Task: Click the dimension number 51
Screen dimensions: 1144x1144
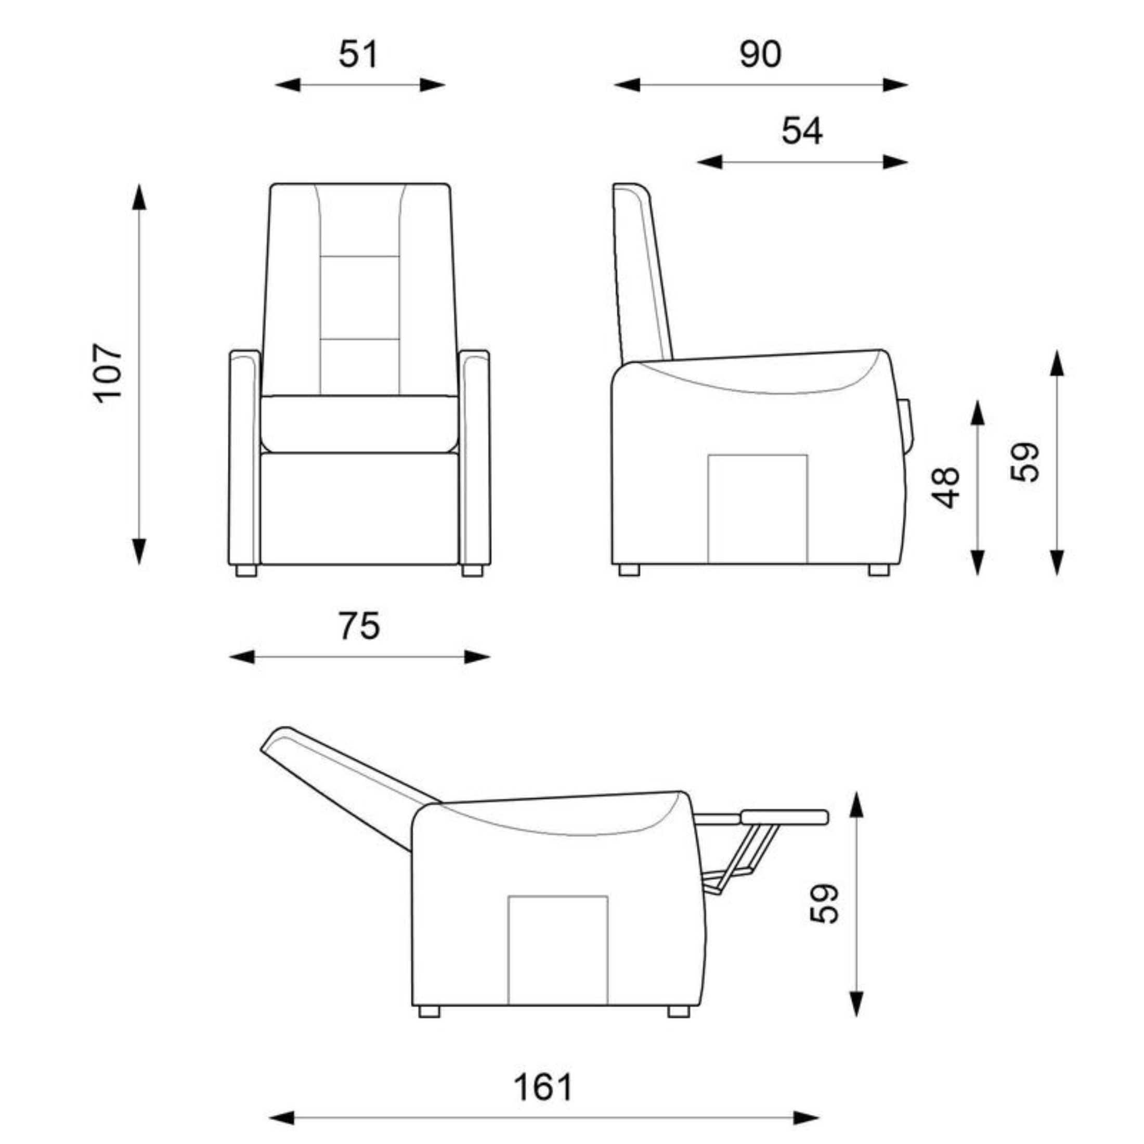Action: pyautogui.click(x=358, y=55)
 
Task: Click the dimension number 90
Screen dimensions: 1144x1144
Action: pyautogui.click(x=760, y=55)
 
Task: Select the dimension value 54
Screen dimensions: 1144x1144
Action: pyautogui.click(x=802, y=132)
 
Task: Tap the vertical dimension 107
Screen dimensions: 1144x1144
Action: pyautogui.click(x=108, y=373)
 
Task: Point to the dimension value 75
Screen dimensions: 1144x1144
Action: pyautogui.click(x=359, y=626)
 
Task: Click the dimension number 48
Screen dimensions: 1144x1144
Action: pyautogui.click(x=946, y=488)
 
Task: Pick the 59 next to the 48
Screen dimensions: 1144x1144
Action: pyautogui.click(x=1025, y=462)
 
